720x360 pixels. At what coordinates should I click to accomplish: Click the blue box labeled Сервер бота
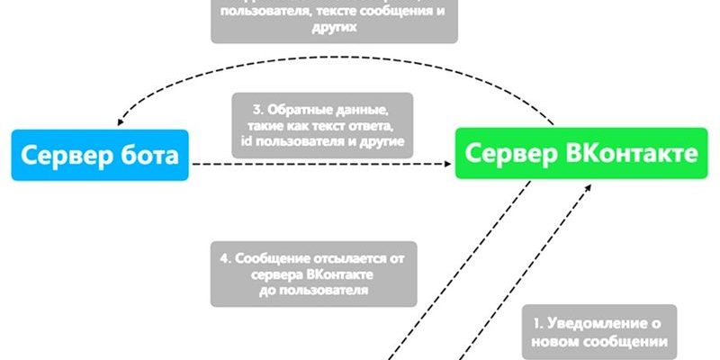pos(99,155)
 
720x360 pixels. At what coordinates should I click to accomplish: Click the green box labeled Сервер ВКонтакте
pos(577,153)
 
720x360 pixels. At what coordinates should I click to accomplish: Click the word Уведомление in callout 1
pos(611,324)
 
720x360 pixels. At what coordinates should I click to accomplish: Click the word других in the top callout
pos(334,27)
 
